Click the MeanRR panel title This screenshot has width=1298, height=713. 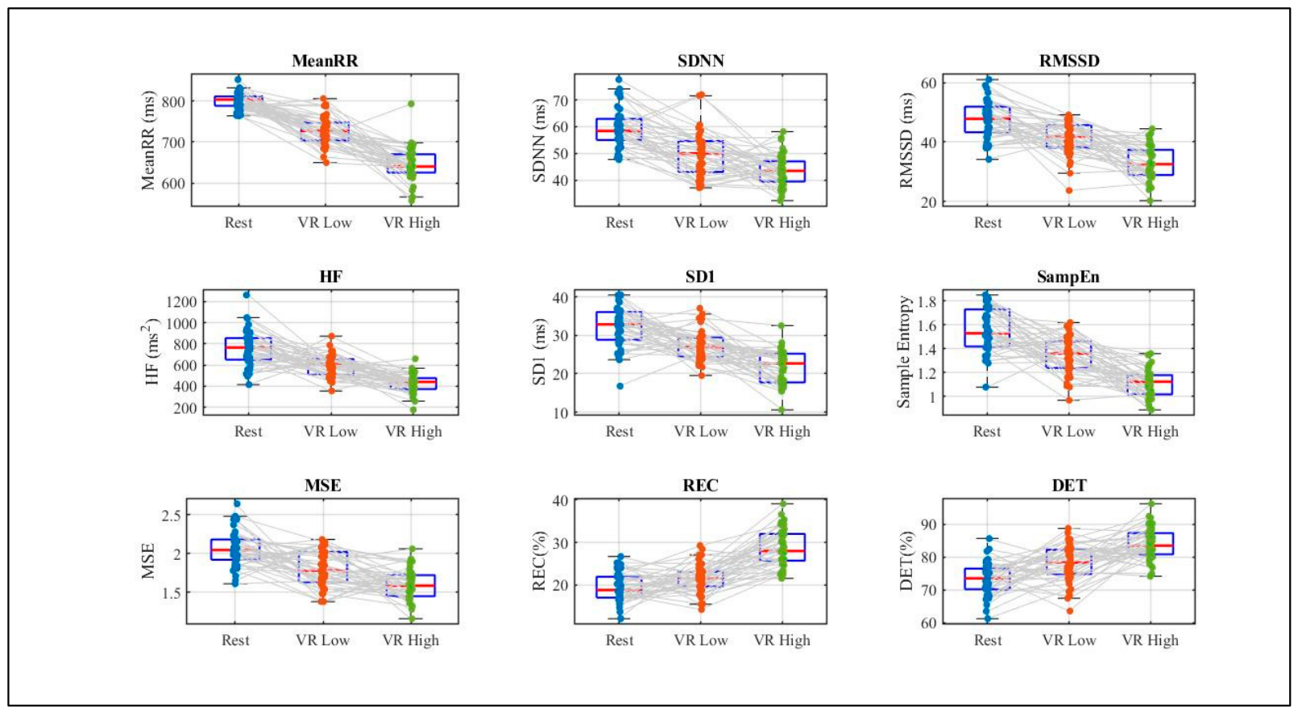click(x=325, y=61)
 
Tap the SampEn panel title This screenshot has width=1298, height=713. click(x=1068, y=277)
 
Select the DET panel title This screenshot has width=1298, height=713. click(x=1069, y=485)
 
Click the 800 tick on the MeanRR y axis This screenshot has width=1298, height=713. click(x=173, y=102)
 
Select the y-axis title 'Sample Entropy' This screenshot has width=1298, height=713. click(x=903, y=351)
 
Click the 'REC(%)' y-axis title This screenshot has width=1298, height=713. click(x=539, y=560)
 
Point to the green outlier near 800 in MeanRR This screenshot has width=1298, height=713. click(x=411, y=104)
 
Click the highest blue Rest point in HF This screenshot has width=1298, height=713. click(x=247, y=295)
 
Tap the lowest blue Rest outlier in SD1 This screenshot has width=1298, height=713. click(x=620, y=386)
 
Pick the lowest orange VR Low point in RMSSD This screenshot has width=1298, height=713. click(x=1069, y=190)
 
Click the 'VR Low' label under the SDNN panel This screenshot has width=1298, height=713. click(x=701, y=223)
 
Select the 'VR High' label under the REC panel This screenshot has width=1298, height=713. click(x=782, y=640)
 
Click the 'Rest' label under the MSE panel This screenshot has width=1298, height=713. click(x=235, y=640)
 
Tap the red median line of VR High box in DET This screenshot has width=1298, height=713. click(x=1151, y=545)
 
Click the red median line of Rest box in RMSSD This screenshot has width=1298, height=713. click(x=988, y=118)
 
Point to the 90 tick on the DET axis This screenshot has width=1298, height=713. click(x=929, y=524)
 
